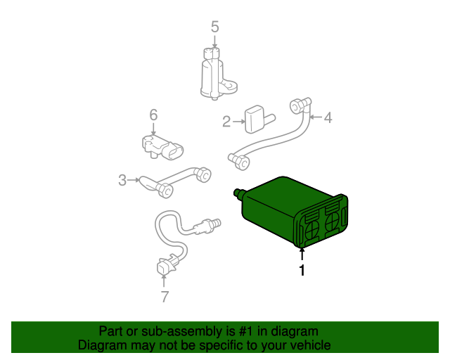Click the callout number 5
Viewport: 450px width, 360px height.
214,27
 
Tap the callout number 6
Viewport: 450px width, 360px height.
153,115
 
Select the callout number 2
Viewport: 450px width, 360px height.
226,122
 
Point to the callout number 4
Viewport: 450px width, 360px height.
328,117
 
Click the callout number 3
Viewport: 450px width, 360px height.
122,180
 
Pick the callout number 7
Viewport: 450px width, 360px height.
165,297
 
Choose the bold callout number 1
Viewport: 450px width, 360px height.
302,270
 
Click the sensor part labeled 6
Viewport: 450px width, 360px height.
162,146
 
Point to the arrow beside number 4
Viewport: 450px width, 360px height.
316,117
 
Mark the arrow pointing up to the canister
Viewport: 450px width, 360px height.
302,255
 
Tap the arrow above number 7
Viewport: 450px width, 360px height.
164,281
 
